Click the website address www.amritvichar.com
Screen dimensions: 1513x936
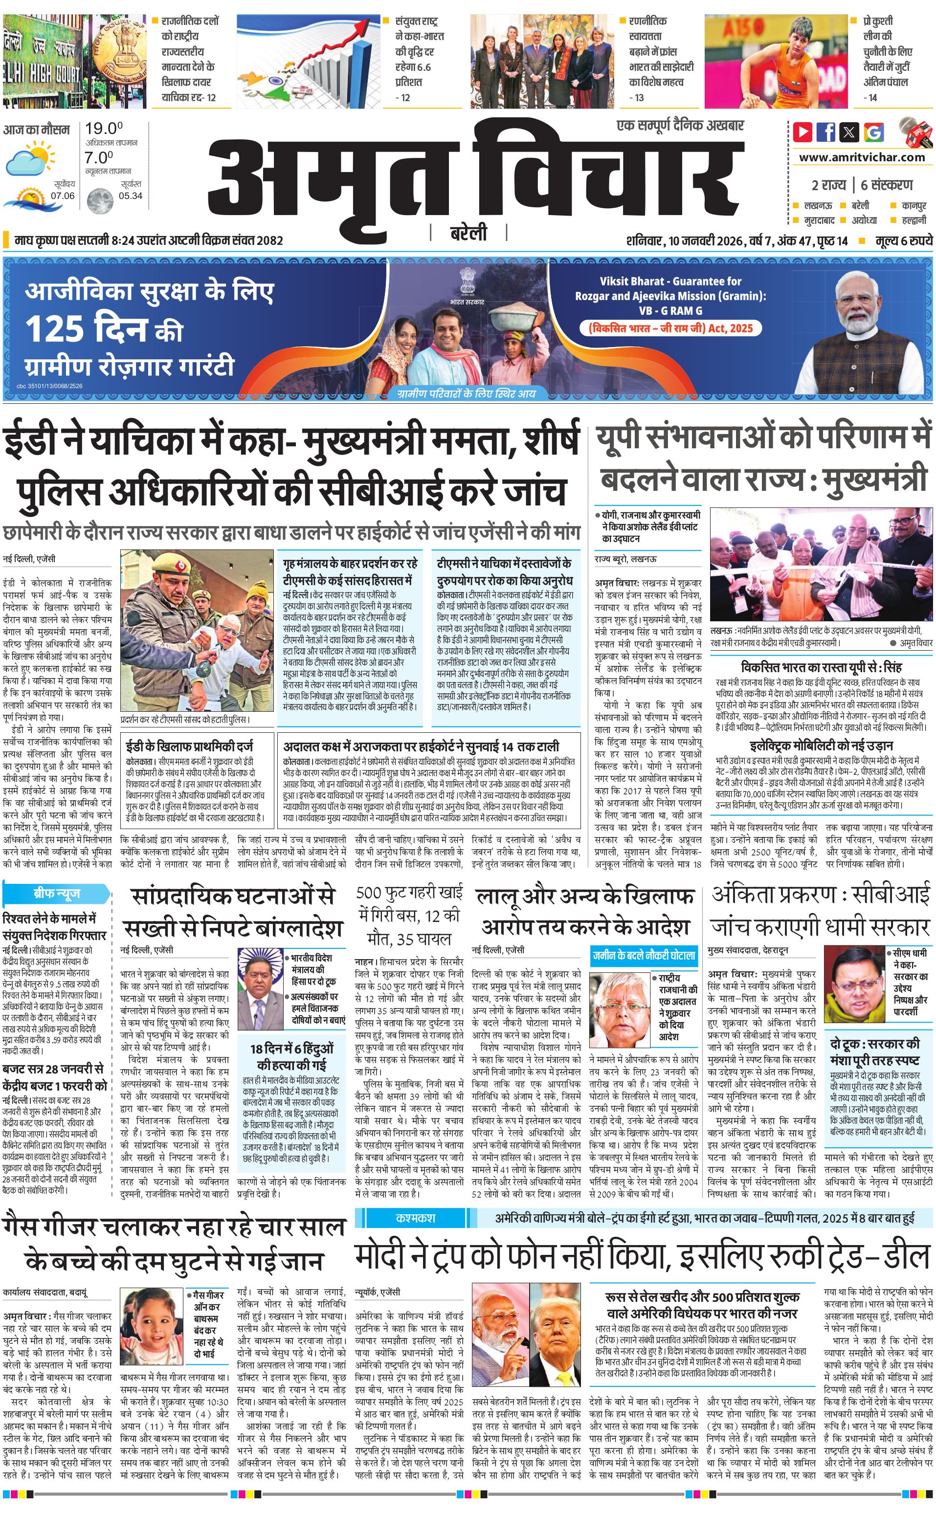(x=862, y=157)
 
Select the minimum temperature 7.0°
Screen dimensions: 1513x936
(x=99, y=157)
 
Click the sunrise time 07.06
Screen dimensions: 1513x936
(x=63, y=196)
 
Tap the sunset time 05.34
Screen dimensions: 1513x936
(x=131, y=196)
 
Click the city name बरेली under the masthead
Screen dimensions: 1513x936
(x=468, y=233)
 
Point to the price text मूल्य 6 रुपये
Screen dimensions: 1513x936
(x=903, y=241)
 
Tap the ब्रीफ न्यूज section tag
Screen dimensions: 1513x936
(x=56, y=894)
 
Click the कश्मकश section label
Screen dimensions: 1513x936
(x=415, y=1218)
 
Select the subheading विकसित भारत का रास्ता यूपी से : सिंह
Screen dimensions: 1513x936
(x=821, y=667)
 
